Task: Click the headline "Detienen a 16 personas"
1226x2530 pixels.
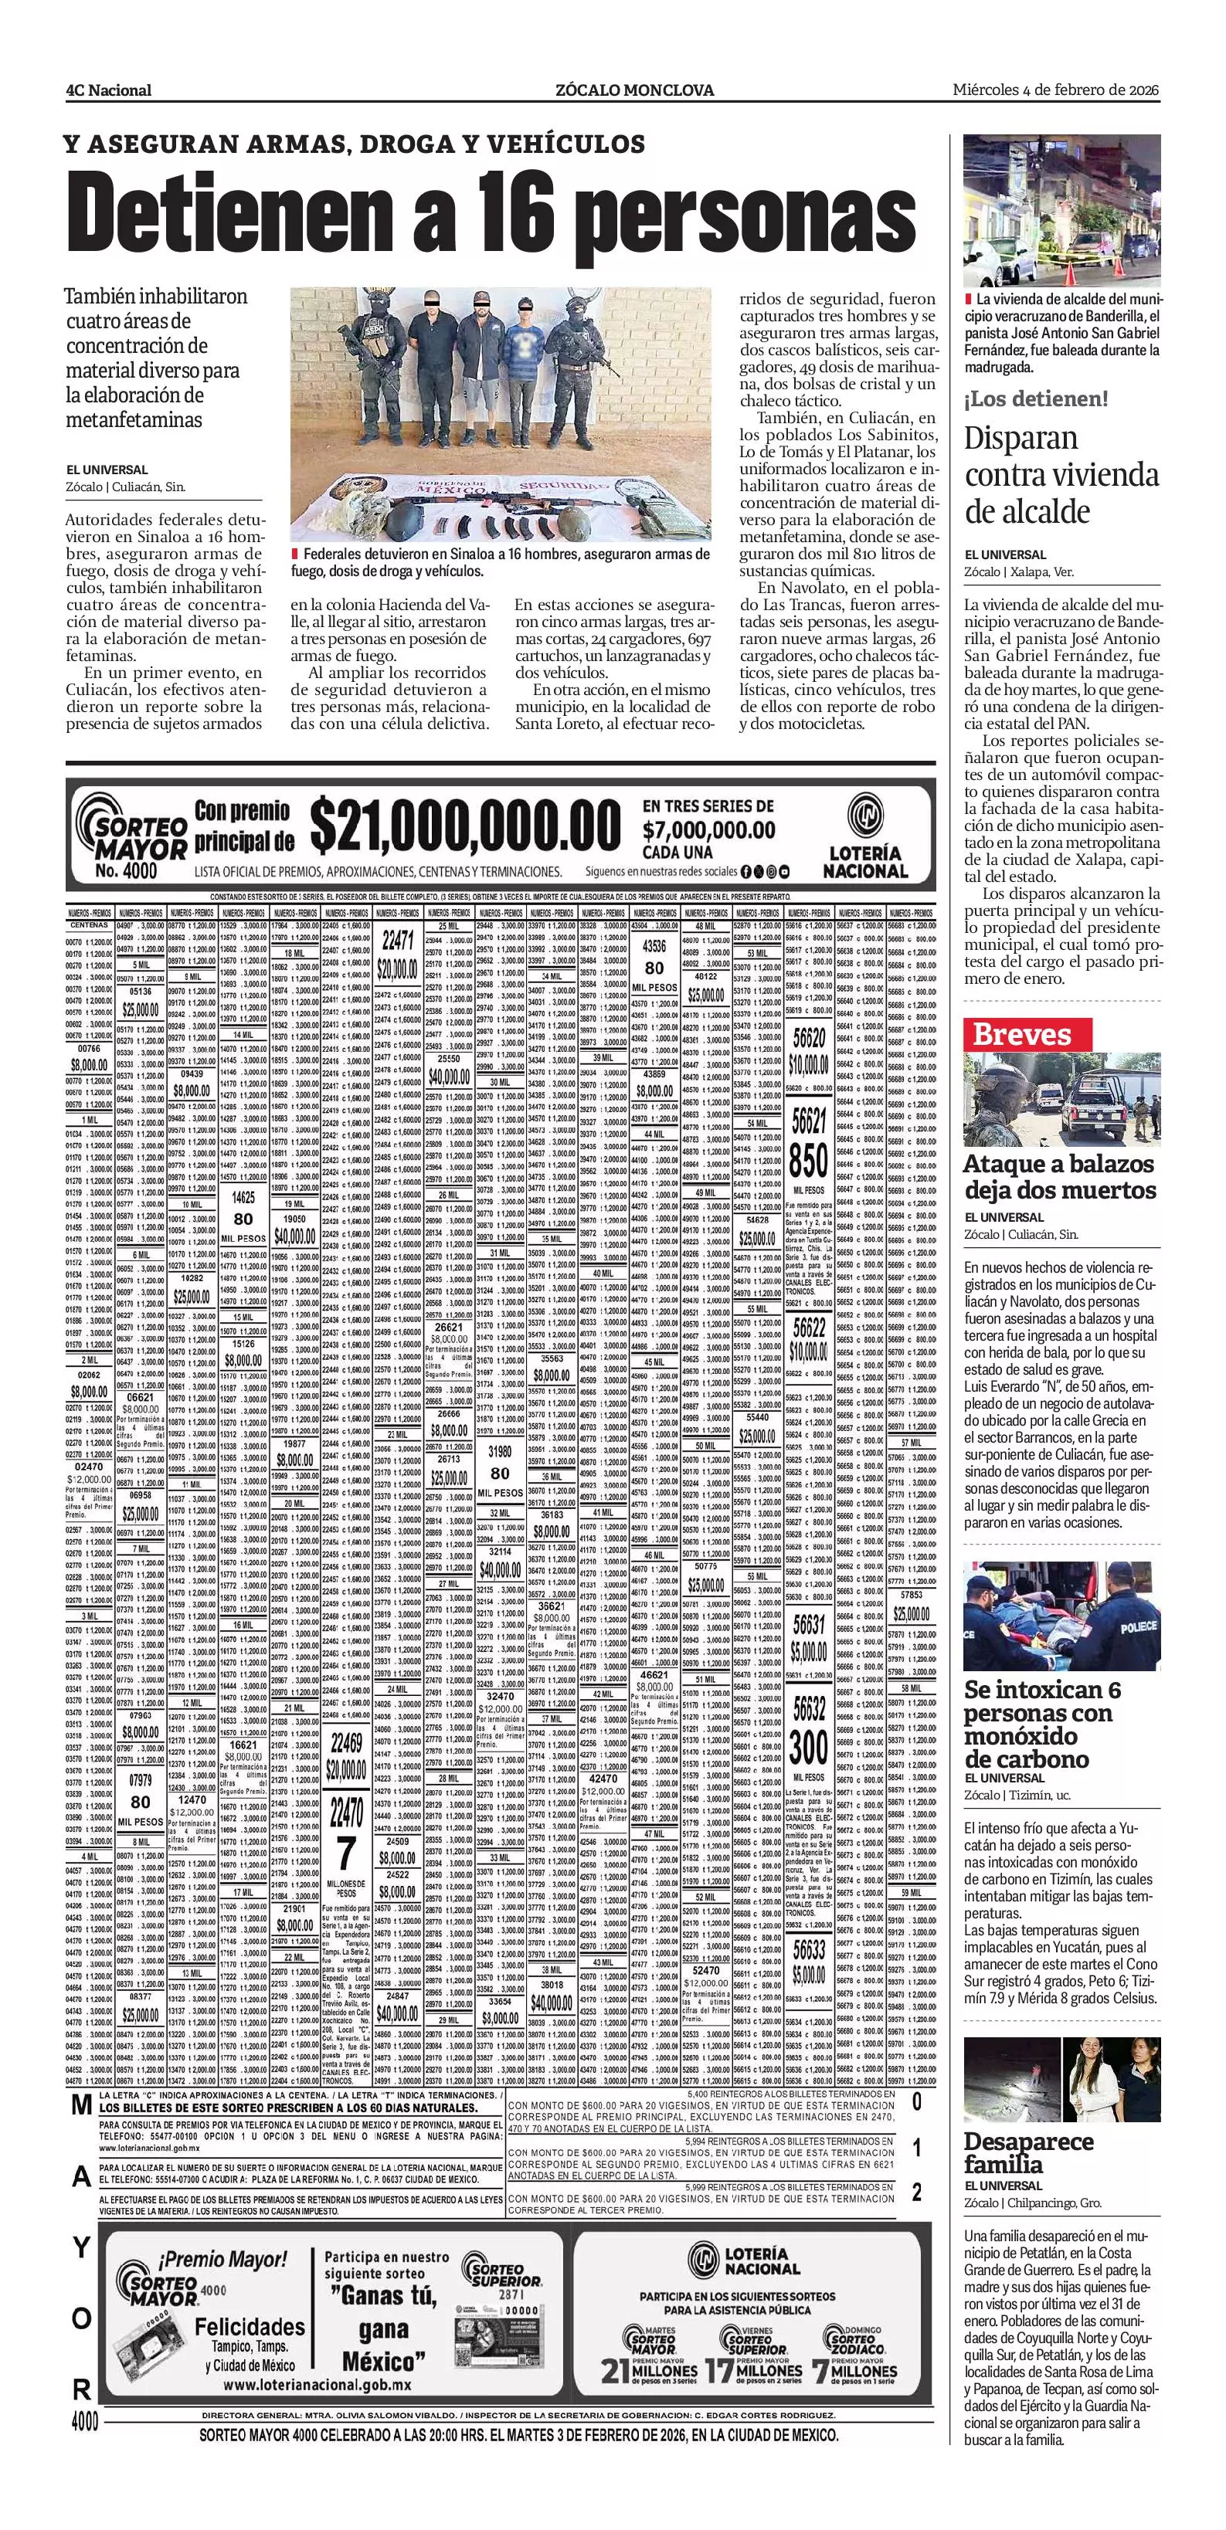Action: pos(491,209)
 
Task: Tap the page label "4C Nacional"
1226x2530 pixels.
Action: pos(108,90)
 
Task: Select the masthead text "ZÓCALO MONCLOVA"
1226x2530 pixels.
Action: pos(634,90)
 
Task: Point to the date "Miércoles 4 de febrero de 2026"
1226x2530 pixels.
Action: pos(1056,90)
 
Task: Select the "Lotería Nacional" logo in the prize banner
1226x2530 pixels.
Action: pos(864,834)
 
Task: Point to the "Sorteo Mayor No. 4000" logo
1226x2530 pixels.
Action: pos(133,834)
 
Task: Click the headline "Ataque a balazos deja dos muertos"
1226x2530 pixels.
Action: pos(1059,1178)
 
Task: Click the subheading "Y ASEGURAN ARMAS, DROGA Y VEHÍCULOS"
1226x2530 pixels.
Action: pos(354,144)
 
